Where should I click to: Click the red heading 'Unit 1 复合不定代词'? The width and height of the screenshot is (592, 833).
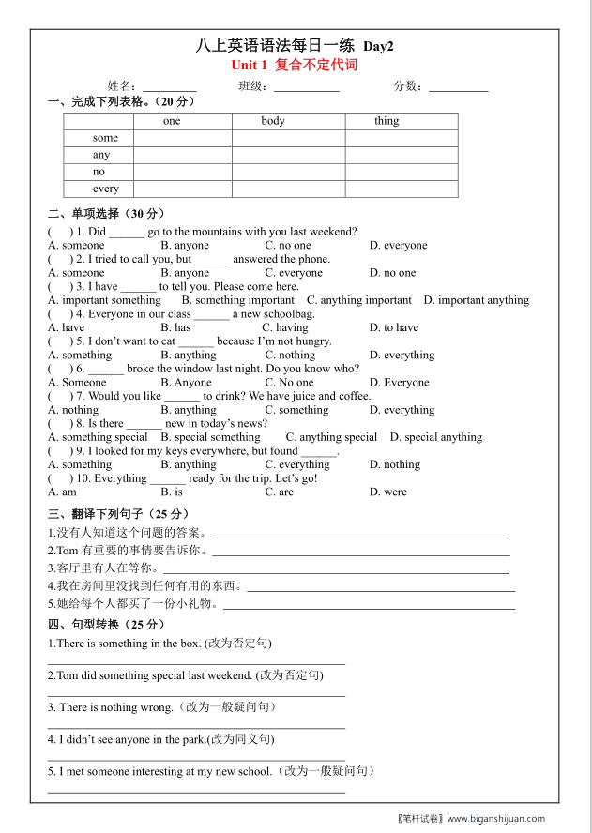coord(295,66)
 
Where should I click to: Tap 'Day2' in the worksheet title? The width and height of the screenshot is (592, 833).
coord(378,46)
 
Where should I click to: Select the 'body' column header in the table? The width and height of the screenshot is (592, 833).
coord(273,121)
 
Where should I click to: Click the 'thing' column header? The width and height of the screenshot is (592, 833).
coord(387,121)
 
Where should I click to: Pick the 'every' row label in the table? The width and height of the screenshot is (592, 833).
coord(106,189)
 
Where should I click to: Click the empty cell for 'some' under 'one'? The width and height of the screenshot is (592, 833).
coord(183,138)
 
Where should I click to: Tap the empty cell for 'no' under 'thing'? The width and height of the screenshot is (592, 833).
coord(402,172)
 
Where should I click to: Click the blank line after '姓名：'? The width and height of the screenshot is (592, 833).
coord(170,86)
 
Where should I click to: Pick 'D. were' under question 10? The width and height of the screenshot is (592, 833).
coord(388,492)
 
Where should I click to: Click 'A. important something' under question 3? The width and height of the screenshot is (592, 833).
coord(104,300)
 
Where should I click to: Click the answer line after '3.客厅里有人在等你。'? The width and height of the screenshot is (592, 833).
coord(336,568)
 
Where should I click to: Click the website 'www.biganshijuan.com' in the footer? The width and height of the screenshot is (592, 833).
coord(495,818)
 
